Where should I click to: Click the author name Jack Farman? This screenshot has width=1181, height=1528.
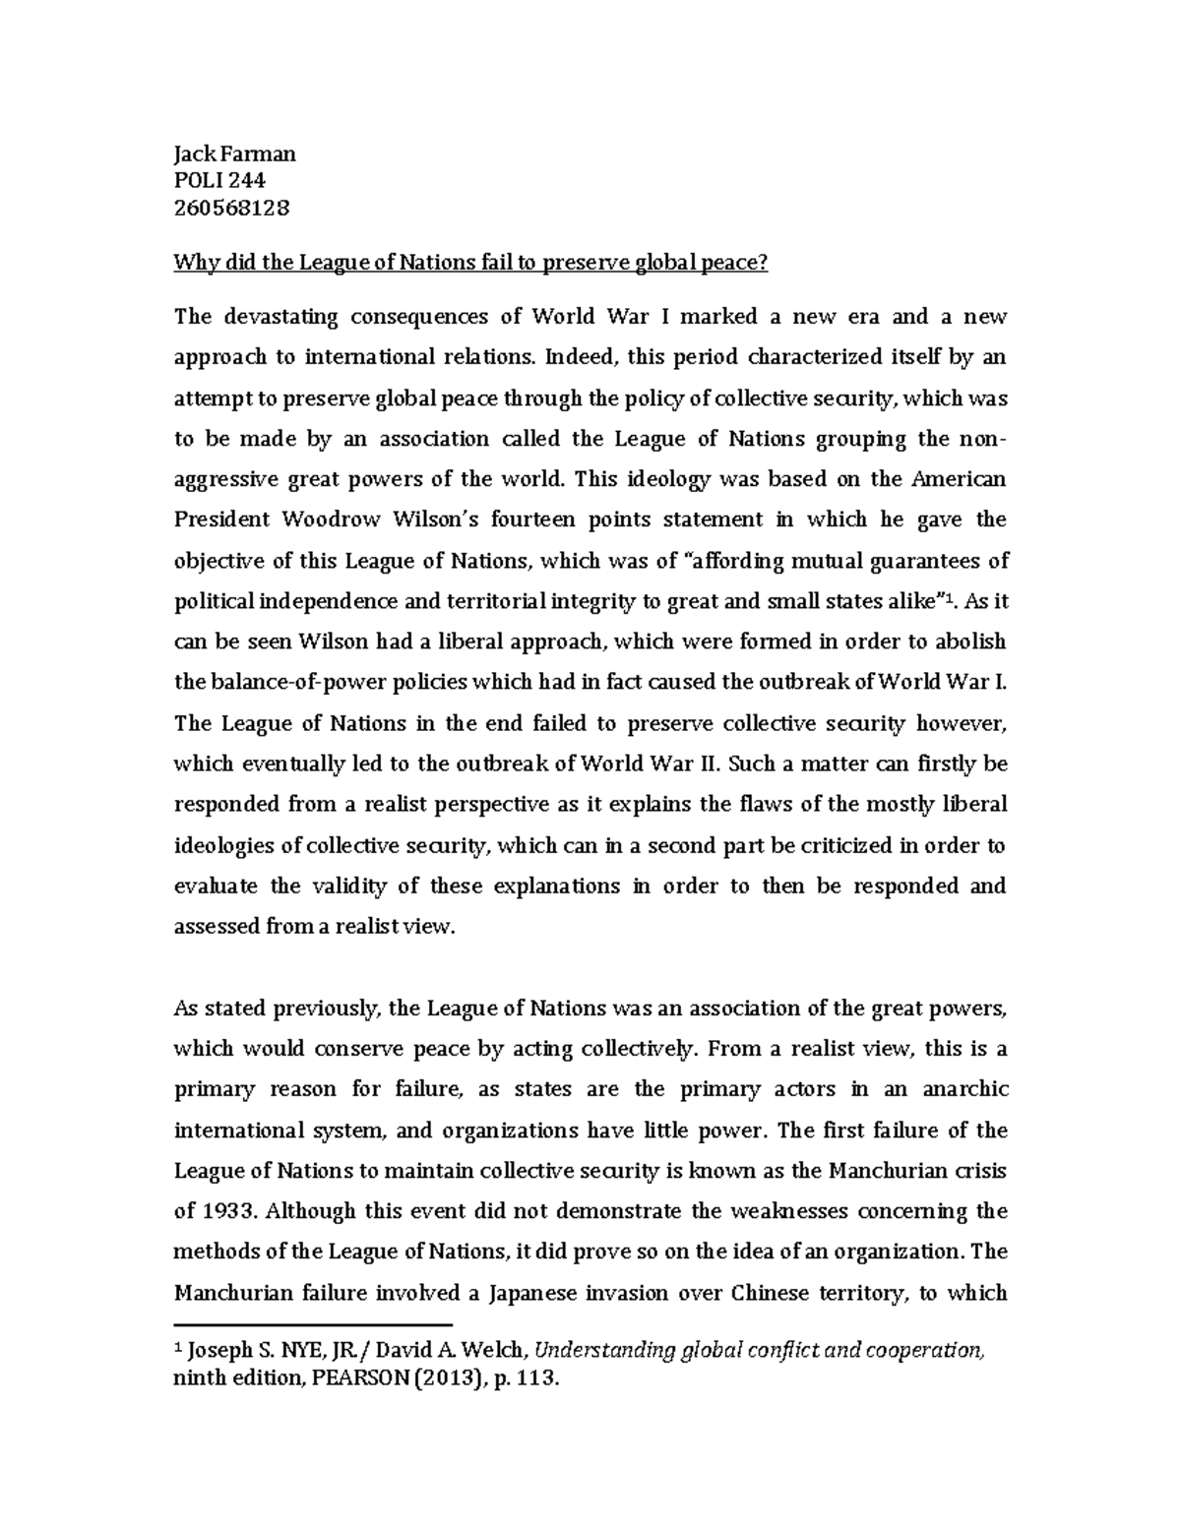click(234, 153)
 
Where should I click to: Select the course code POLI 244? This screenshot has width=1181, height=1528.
click(219, 180)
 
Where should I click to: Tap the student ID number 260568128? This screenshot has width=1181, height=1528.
click(231, 208)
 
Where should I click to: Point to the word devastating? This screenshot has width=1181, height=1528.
click(278, 317)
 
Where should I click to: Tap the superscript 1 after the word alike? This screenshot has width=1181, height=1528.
click(948, 595)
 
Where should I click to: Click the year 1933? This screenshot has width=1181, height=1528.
click(226, 1211)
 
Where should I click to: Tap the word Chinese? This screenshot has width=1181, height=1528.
click(768, 1293)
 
